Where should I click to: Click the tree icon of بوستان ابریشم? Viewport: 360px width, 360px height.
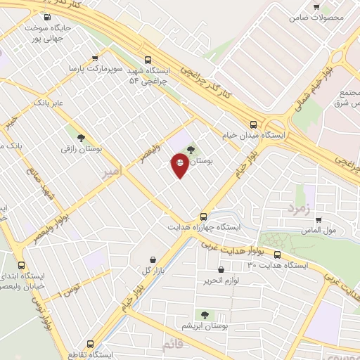point(205,315)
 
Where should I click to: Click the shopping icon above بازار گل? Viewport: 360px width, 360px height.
point(153,259)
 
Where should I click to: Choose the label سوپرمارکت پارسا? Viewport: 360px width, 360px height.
point(96,70)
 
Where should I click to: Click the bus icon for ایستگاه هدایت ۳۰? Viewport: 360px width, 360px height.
point(277,255)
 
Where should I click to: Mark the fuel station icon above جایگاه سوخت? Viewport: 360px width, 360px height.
point(46,17)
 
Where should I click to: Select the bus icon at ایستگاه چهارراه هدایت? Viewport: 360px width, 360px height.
point(203,217)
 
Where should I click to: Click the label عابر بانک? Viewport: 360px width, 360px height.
point(48,103)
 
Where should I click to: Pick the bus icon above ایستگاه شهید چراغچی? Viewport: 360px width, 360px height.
point(148,60)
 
